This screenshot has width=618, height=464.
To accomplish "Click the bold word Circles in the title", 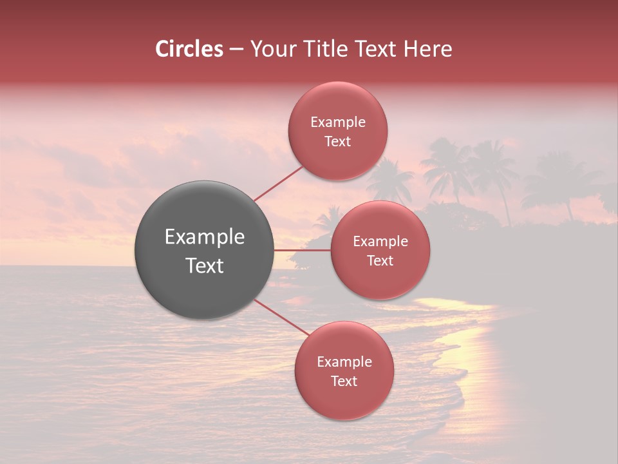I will [x=189, y=49].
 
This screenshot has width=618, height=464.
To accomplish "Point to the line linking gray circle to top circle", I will [x=279, y=184].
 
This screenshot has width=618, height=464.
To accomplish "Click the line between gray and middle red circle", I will [x=303, y=250].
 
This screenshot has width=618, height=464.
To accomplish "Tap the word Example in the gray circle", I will [x=205, y=237].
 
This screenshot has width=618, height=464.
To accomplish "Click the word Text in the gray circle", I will [x=205, y=266].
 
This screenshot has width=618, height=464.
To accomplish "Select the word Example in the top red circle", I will [x=338, y=122].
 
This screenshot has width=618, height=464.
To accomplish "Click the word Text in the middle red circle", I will [x=380, y=260].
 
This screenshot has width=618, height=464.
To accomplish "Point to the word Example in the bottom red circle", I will [x=344, y=362].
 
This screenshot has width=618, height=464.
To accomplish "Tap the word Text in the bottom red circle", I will [x=344, y=381].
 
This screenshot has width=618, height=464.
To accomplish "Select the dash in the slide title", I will [x=236, y=50].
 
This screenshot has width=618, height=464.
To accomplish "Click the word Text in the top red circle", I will [x=338, y=141].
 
